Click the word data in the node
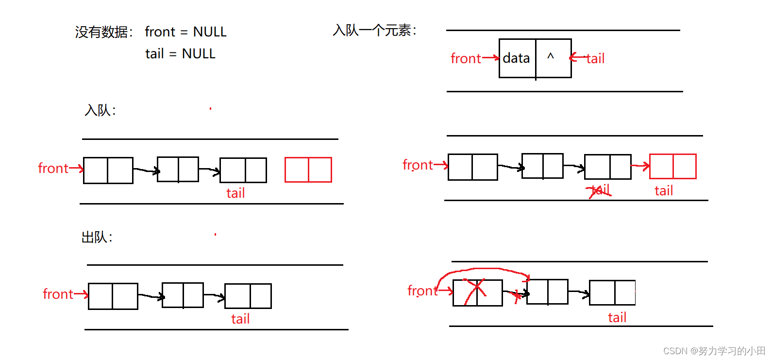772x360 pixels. (x=516, y=58)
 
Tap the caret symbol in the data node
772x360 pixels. (x=551, y=56)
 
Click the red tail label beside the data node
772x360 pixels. (x=596, y=59)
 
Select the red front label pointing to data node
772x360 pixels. (x=465, y=59)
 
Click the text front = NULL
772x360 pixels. (x=185, y=32)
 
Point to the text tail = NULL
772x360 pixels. (x=180, y=54)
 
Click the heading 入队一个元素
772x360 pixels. (x=374, y=31)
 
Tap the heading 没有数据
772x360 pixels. (x=103, y=32)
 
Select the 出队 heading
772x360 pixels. (x=97, y=238)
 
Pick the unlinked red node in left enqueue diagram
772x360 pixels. (x=308, y=170)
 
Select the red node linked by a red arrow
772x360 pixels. (x=672, y=166)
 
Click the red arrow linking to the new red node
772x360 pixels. (x=640, y=166)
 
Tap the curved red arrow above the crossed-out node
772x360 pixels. (x=486, y=270)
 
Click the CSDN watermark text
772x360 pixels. (x=714, y=351)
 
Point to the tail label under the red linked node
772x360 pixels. (x=664, y=191)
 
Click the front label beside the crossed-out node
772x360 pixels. (x=422, y=291)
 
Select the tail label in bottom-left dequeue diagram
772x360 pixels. (x=240, y=319)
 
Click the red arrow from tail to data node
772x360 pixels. (x=578, y=57)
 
